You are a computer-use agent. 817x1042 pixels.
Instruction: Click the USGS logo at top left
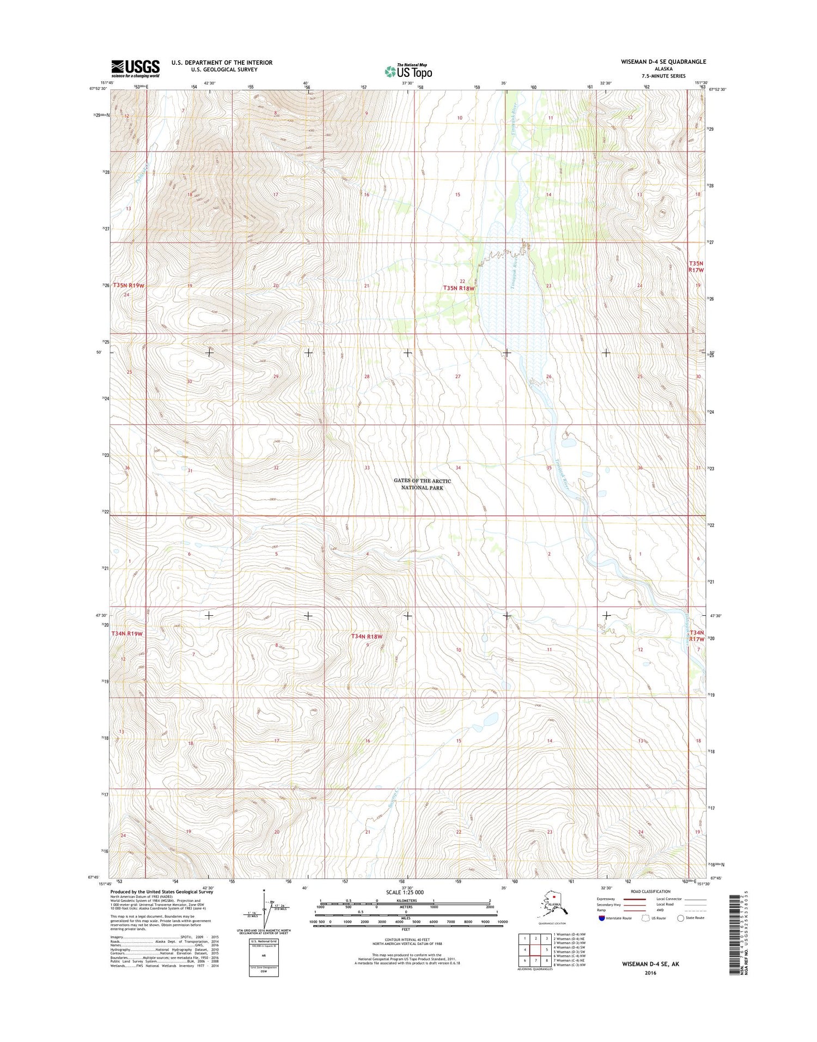click(136, 69)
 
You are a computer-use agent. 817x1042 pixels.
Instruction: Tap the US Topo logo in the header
click(408, 70)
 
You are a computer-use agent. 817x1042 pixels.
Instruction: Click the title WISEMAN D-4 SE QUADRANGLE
click(663, 62)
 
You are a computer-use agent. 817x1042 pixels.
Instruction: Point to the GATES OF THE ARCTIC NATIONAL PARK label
click(422, 484)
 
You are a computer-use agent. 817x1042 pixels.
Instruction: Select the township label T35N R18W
click(459, 288)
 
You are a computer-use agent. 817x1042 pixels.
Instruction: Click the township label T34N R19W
click(127, 634)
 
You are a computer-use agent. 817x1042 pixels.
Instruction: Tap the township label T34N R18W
click(367, 637)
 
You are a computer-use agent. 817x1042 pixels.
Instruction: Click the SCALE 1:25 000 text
click(405, 893)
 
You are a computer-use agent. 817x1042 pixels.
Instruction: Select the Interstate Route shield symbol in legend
click(601, 918)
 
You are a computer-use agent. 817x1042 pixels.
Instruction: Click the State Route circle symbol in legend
click(680, 918)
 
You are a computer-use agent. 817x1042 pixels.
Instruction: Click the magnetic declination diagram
click(264, 910)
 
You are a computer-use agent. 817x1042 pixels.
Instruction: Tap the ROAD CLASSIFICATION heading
click(651, 892)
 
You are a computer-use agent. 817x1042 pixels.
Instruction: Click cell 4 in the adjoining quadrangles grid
click(525, 949)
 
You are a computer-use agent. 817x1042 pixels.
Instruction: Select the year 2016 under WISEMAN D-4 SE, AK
click(650, 973)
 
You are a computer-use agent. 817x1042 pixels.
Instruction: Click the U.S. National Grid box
click(264, 956)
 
